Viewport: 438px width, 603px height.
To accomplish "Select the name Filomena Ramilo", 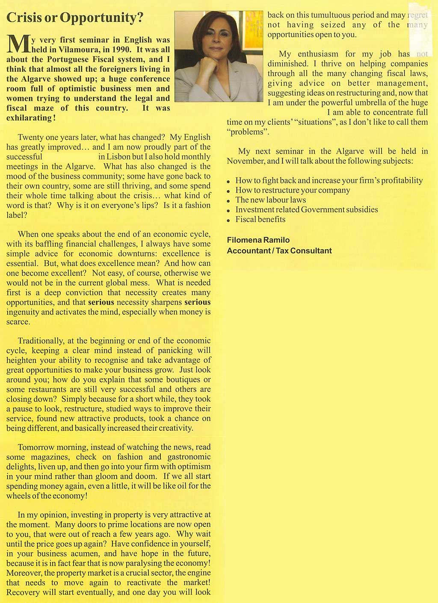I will pyautogui.click(x=258, y=240).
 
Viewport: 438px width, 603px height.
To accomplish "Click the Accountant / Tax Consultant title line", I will pyautogui.click(x=279, y=251).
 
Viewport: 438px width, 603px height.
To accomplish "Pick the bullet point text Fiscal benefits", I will pyautogui.click(x=260, y=220).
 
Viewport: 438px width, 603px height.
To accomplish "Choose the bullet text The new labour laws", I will pyautogui.click(x=270, y=200).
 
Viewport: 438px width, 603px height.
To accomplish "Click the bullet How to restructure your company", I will pyautogui.click(x=293, y=190).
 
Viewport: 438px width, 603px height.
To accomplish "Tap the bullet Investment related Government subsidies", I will pyautogui.click(x=306, y=210).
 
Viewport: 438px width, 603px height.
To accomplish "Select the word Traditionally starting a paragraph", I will pyautogui.click(x=41, y=341).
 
